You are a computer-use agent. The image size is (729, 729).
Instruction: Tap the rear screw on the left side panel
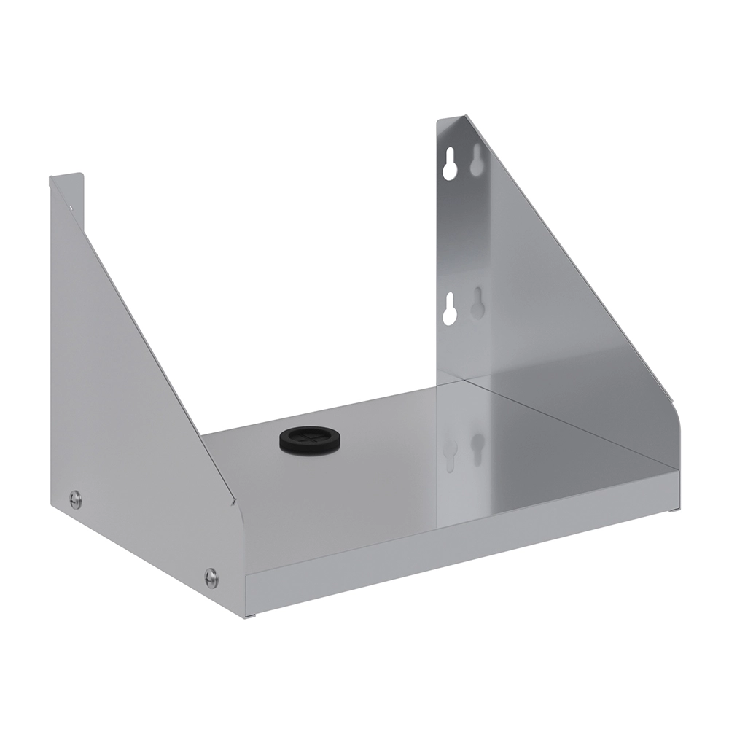click(x=75, y=499)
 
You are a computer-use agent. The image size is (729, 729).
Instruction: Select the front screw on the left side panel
click(x=211, y=578)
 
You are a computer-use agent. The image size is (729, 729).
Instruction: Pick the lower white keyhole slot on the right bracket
click(x=450, y=309)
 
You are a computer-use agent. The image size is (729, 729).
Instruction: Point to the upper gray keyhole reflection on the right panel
click(x=477, y=160)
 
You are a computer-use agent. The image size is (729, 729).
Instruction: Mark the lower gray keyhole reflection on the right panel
click(x=477, y=302)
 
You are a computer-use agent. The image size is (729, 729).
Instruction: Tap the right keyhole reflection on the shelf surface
click(x=477, y=448)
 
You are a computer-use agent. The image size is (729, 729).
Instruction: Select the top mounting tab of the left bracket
click(x=66, y=182)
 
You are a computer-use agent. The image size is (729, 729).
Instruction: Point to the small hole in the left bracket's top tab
click(x=71, y=207)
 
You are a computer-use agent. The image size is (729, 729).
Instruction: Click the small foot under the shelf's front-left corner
click(x=252, y=617)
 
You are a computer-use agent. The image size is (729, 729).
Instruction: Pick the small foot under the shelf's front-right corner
click(x=672, y=510)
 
